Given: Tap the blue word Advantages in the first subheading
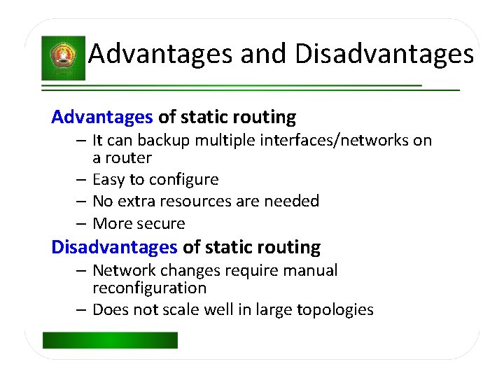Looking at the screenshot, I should (102, 117).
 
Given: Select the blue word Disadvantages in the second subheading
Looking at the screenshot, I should (115, 247).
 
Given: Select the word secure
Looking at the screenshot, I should (162, 224).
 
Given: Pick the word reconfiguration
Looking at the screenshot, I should (150, 288).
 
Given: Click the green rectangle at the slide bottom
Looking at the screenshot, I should (110, 340).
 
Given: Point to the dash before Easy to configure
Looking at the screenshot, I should (82, 180).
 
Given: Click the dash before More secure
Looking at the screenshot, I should (82, 224).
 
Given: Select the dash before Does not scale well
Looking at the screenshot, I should (82, 309).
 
